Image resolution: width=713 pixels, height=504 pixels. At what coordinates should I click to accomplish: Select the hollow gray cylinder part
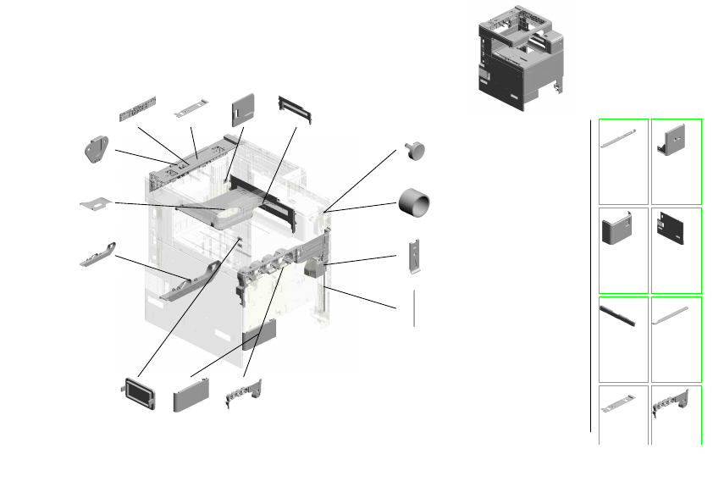coord(414,202)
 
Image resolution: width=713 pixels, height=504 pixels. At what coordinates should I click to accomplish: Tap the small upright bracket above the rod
coord(413,256)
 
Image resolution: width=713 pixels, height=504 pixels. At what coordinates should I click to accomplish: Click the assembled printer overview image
coord(519,58)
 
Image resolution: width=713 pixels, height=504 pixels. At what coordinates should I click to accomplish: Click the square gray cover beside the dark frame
coord(243,108)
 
